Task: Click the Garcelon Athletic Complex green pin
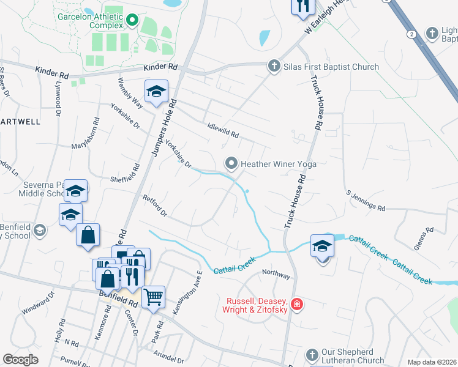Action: coord(132,22)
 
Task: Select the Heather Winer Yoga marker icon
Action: coord(231,163)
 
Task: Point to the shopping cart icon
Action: coord(153,297)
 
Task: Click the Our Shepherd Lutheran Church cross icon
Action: coord(312,355)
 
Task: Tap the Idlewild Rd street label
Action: coord(222,130)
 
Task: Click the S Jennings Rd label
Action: coord(366,201)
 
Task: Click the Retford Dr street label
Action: coord(154,206)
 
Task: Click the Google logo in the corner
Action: coord(20,360)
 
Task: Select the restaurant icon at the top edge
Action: coord(302,6)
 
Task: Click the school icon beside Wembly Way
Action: coord(156,92)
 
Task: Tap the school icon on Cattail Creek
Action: coord(322,245)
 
